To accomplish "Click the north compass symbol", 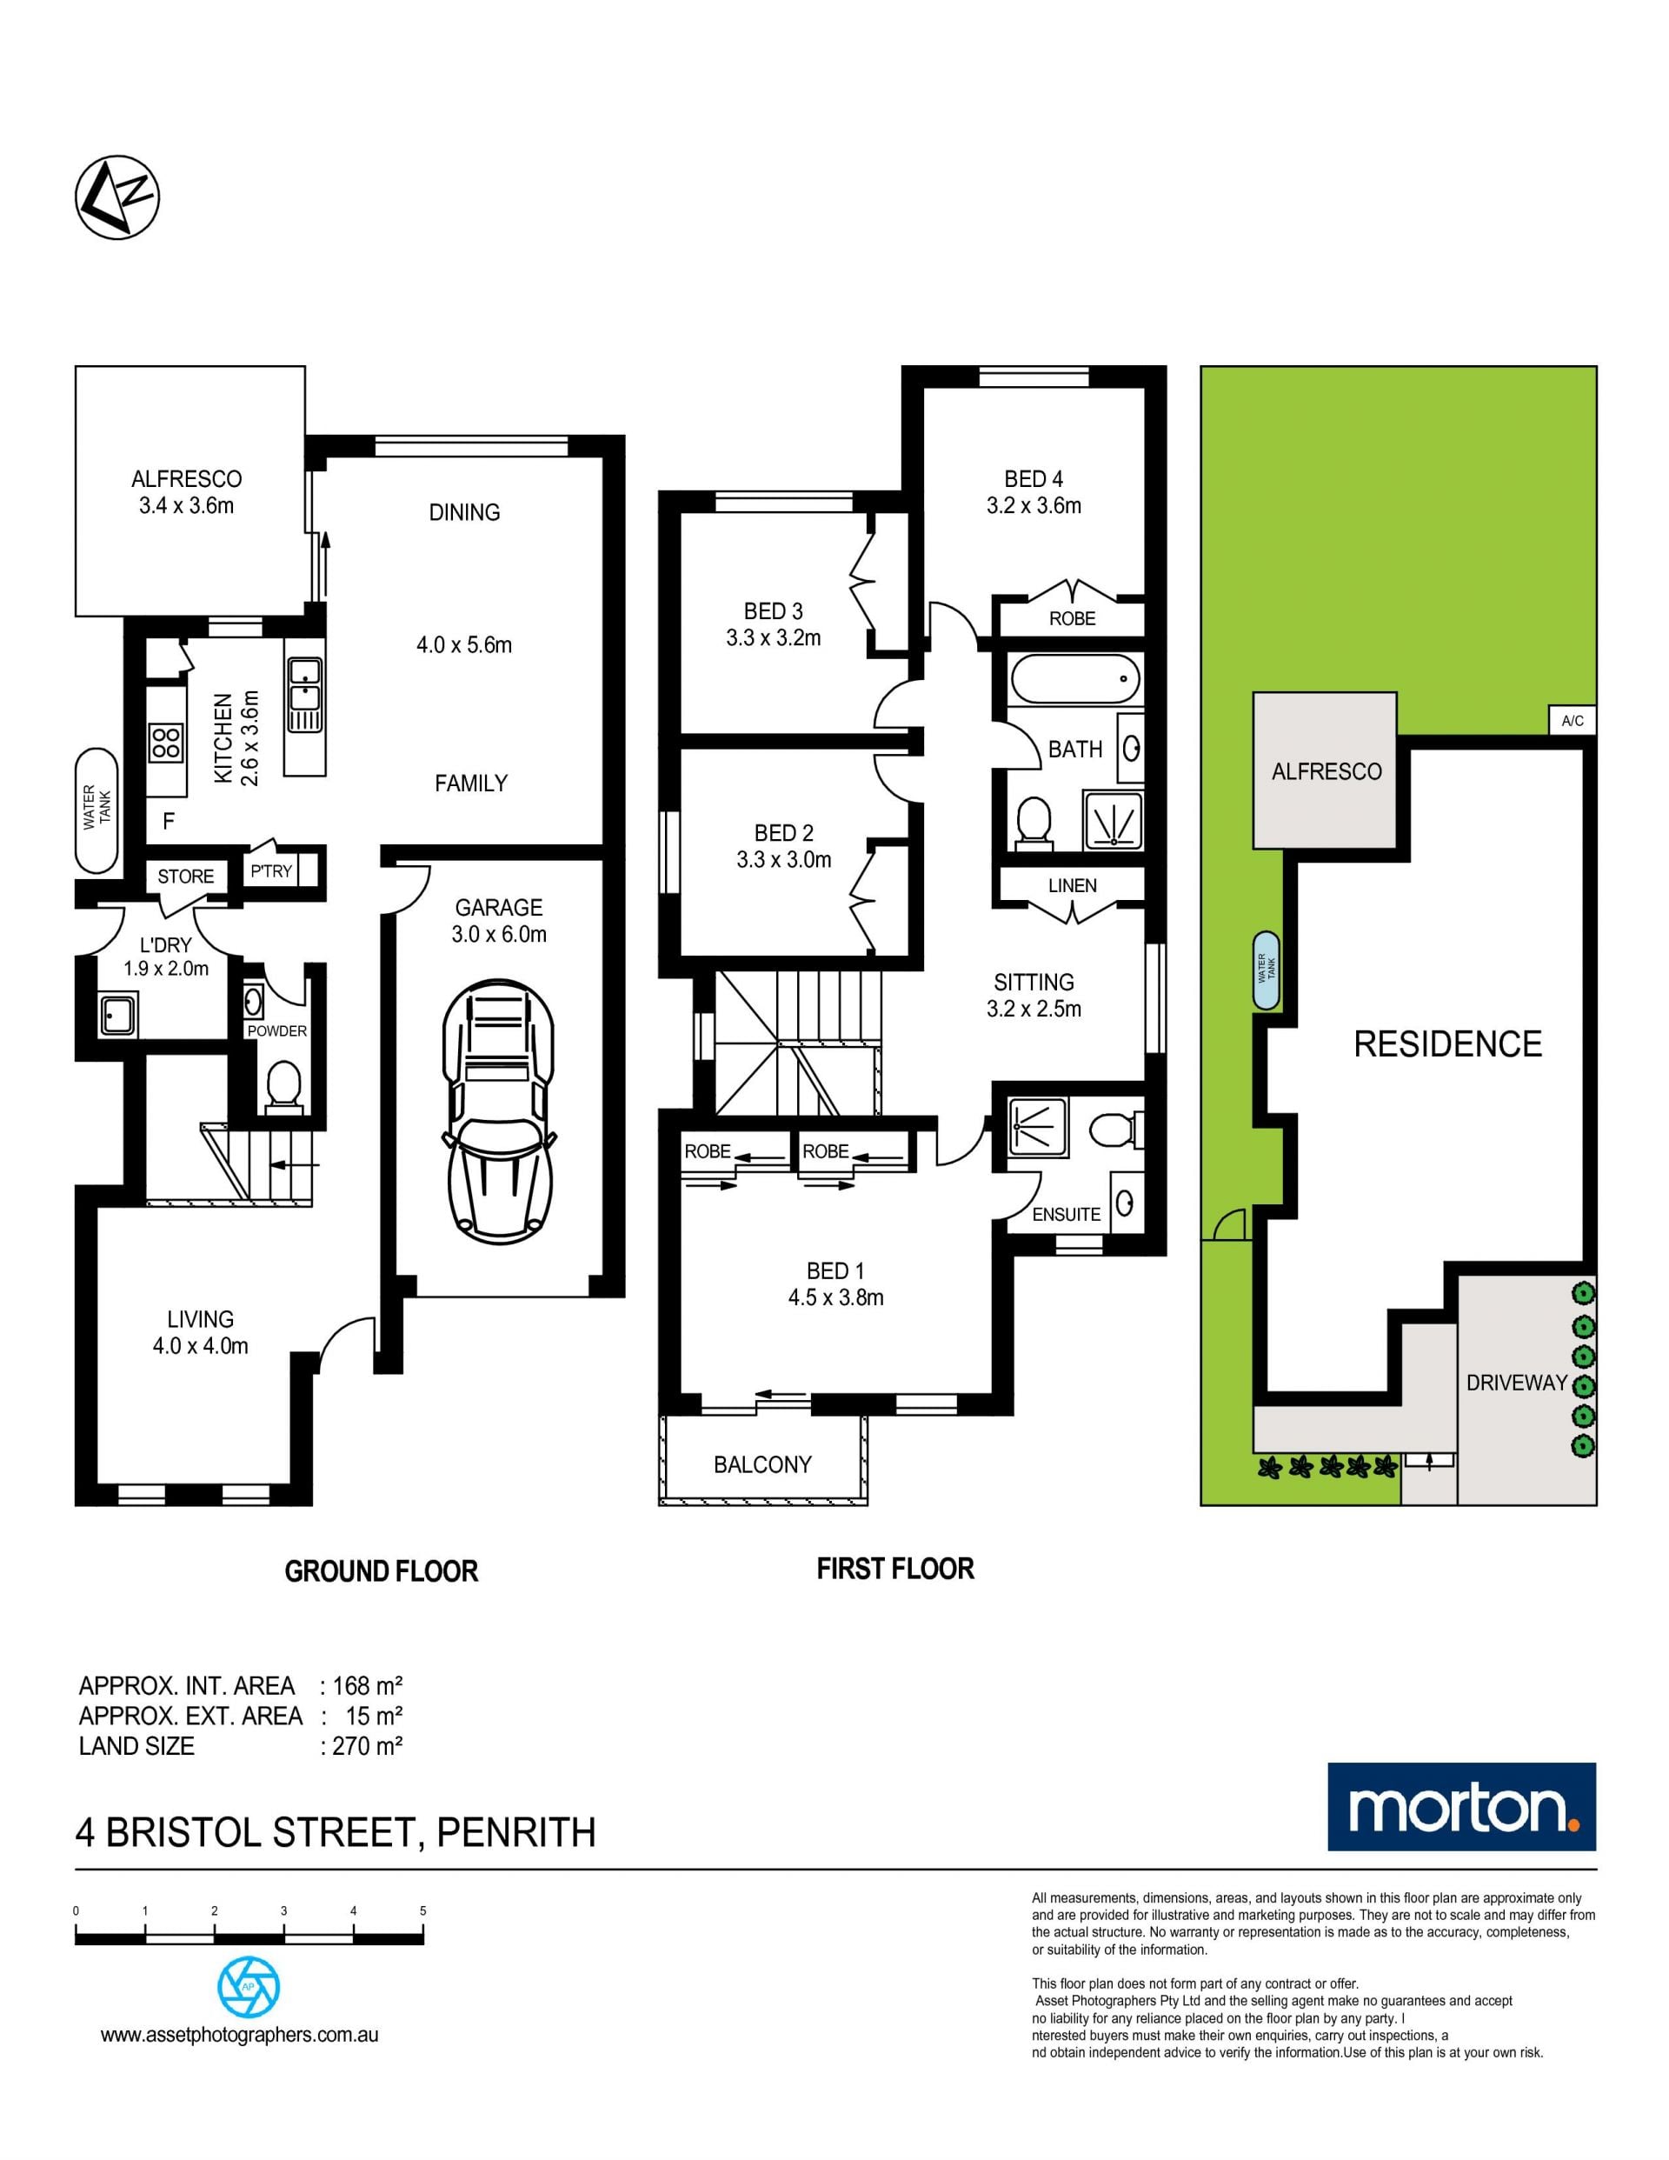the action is [116, 196].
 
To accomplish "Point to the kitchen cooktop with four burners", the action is [166, 743].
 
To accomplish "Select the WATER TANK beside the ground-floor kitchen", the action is [96, 810].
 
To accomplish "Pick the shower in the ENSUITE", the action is [1038, 1126].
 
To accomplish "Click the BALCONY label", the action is [762, 1464].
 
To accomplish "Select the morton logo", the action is [1461, 1807].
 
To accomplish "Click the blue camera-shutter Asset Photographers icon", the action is [248, 1987].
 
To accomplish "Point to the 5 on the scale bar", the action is [423, 1910].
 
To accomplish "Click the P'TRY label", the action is [271, 871].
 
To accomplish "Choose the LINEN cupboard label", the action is [1072, 885].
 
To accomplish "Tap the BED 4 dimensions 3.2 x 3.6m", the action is [1034, 505].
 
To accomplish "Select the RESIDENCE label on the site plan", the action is [1447, 1044].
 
